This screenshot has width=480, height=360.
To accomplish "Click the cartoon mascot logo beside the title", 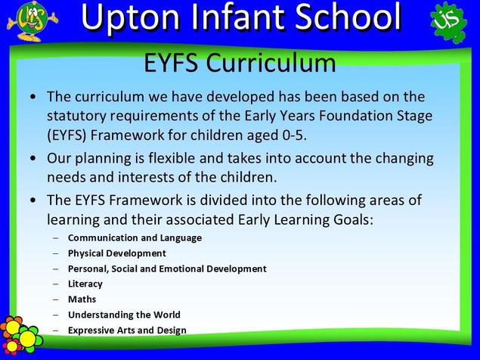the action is [x=33, y=21].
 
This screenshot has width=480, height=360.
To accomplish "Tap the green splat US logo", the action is [x=449, y=22].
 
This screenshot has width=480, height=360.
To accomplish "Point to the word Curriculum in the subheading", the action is [x=271, y=63].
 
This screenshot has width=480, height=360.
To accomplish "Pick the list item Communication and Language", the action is [x=135, y=237].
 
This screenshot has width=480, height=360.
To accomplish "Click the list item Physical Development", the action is [x=117, y=253].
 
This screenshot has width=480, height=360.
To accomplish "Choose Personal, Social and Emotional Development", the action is [x=167, y=268].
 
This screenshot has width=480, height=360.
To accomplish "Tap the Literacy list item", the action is [x=85, y=284].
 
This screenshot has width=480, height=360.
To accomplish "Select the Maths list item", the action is [x=82, y=299].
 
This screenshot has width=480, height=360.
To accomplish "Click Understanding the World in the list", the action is [x=124, y=315].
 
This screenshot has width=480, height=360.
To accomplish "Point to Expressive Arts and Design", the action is [x=127, y=331].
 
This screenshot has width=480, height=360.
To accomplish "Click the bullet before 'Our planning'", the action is [x=33, y=158].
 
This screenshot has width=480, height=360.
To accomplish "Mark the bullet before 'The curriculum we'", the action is [x=33, y=97].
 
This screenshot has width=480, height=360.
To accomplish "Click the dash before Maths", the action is [x=55, y=299].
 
